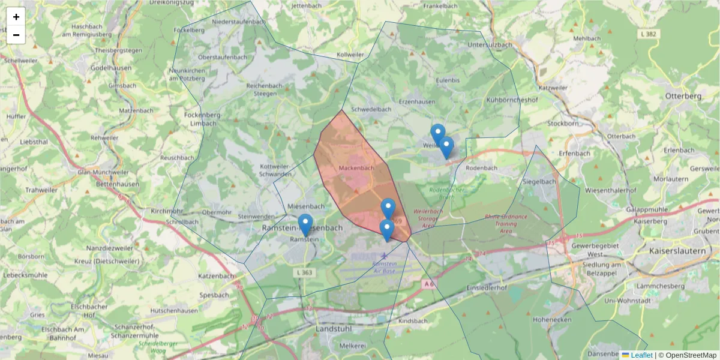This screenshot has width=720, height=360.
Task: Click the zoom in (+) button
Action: coord(16,17)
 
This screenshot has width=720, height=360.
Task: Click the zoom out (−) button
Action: coord(16,35)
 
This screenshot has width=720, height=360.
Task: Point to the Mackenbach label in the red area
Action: coord(356,168)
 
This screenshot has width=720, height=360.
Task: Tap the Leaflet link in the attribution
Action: coord(641,355)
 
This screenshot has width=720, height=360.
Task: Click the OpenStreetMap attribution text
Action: coord(691,355)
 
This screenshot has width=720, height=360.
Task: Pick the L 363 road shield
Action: coord(304,272)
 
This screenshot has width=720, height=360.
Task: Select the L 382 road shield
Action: coord(648,34)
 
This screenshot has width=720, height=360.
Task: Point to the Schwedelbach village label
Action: coord(371,109)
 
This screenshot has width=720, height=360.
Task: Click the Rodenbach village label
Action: coord(481,168)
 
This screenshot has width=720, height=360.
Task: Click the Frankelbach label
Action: coord(441,6)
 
